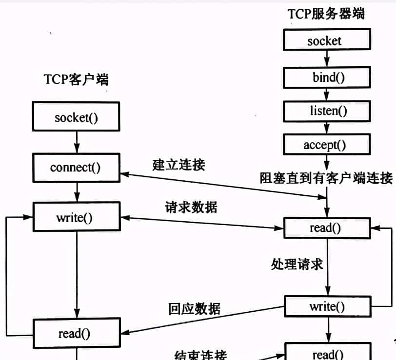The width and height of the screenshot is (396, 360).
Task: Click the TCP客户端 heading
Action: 76,79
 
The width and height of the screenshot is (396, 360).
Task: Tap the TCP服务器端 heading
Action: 326,14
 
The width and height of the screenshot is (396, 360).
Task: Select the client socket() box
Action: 77,117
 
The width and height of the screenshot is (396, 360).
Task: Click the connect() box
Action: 76,168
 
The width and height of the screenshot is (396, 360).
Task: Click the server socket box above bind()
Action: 325,41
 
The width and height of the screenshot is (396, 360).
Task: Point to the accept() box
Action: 325,144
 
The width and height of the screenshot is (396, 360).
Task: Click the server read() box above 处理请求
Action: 326,227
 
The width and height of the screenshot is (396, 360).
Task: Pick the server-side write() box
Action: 327,306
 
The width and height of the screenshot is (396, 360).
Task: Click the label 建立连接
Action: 179,164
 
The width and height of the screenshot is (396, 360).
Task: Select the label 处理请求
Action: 297,265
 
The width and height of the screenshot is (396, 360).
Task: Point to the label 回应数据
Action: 194,308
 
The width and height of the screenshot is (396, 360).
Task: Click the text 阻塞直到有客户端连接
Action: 326,178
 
